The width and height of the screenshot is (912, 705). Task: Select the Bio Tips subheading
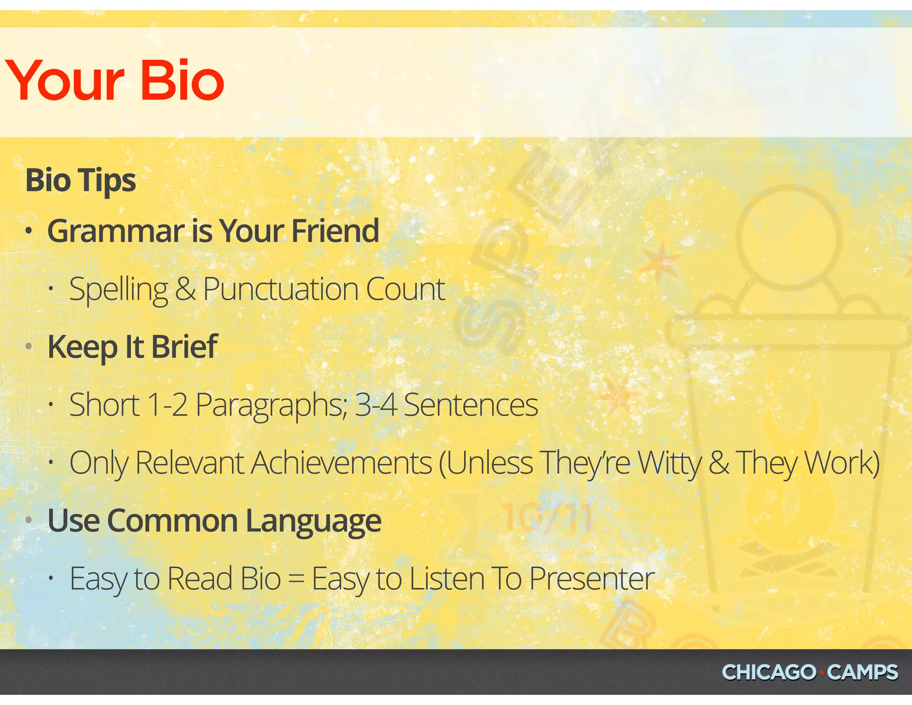tap(81, 180)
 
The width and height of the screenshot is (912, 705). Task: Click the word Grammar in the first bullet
tap(116, 232)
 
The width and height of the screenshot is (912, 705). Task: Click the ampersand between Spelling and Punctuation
tap(185, 289)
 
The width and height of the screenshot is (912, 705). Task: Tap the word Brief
tap(184, 347)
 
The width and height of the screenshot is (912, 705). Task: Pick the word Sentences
tap(471, 405)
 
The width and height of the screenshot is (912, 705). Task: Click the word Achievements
tap(342, 463)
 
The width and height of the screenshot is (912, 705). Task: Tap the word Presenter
tap(592, 579)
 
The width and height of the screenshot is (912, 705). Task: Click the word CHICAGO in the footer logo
tap(769, 672)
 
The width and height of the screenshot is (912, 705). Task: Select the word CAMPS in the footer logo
tap(863, 672)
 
